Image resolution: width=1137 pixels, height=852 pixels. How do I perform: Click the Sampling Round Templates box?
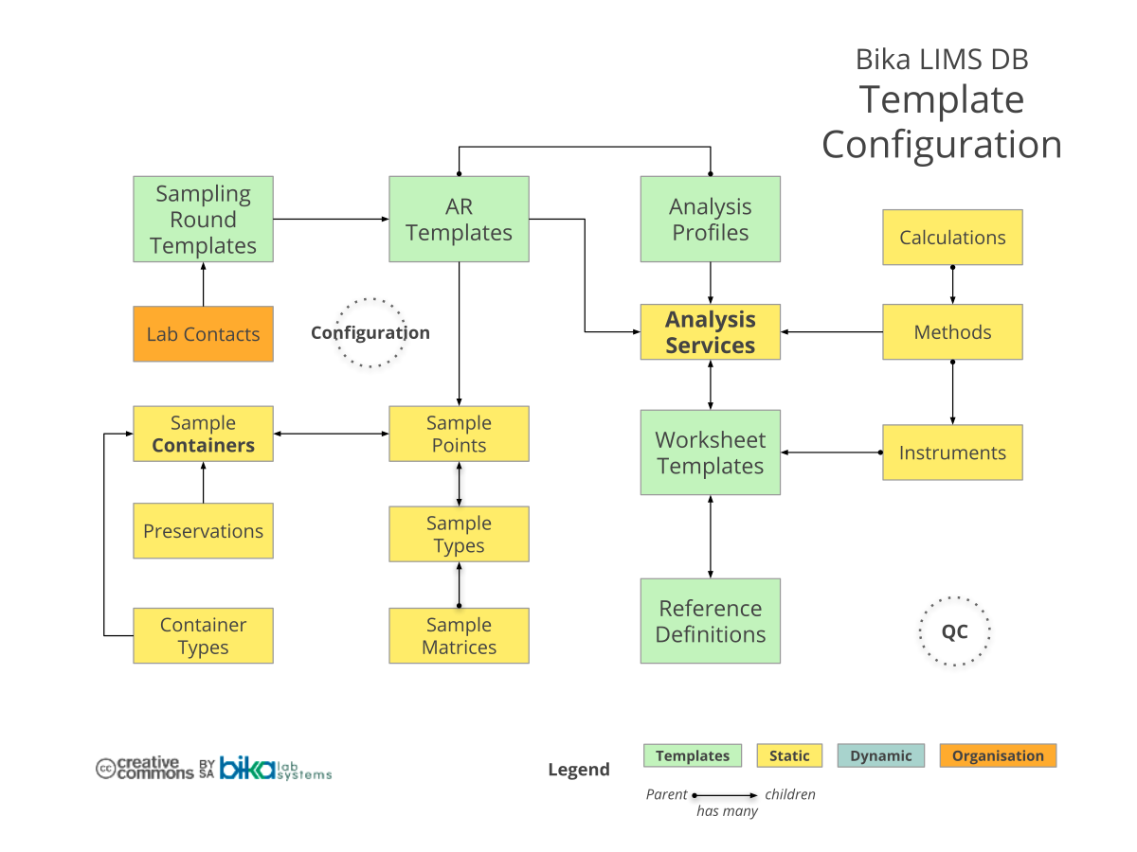click(203, 219)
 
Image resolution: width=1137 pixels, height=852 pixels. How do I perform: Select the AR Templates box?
click(459, 219)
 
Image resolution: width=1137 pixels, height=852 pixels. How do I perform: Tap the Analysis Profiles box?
click(711, 219)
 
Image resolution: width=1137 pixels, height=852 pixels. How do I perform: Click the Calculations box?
click(952, 238)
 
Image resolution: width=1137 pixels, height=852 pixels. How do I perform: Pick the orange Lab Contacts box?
click(203, 334)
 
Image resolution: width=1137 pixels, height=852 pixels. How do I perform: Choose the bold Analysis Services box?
click(711, 332)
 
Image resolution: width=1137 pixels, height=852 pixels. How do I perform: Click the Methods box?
click(952, 332)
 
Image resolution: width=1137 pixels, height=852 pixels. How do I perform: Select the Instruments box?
click(952, 453)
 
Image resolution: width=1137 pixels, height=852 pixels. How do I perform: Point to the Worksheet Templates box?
click(711, 453)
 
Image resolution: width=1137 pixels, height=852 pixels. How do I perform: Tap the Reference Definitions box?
click(711, 621)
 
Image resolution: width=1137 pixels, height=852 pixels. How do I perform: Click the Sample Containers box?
click(203, 435)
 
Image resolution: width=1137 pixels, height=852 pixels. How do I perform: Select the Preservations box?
click(203, 531)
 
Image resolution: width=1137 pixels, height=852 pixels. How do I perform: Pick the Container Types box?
click(203, 636)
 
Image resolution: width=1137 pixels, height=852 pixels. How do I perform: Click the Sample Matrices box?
click(459, 636)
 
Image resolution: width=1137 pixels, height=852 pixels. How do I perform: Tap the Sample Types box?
click(459, 535)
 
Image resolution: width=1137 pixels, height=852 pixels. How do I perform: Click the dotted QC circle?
click(954, 631)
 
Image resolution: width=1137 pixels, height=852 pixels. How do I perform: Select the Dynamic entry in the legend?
click(881, 755)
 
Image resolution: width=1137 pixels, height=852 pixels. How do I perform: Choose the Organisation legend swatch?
click(998, 755)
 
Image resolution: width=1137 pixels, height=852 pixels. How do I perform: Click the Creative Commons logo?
click(145, 768)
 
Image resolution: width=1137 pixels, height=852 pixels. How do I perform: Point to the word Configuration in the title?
click(942, 145)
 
